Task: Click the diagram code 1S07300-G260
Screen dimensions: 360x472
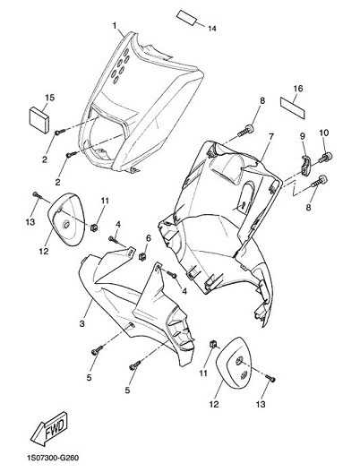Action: click(52, 458)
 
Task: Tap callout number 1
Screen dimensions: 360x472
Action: click(115, 26)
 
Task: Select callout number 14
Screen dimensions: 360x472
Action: click(212, 29)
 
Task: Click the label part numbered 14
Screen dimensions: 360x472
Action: click(187, 18)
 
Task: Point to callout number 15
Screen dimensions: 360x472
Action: click(50, 98)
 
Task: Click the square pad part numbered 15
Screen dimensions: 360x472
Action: click(39, 120)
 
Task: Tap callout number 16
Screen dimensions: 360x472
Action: click(298, 89)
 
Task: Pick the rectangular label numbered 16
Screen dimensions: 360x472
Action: click(293, 107)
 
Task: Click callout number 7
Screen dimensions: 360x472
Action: click(271, 137)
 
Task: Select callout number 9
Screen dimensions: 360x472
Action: click(303, 136)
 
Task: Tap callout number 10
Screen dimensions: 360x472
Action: click(324, 133)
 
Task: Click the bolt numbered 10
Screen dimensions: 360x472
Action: click(327, 157)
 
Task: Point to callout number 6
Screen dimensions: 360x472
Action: click(149, 238)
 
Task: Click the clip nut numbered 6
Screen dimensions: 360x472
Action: click(142, 256)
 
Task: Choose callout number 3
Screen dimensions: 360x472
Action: click(81, 324)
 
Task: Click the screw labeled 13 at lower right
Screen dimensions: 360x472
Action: click(270, 378)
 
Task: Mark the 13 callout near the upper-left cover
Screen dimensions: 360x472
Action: click(30, 222)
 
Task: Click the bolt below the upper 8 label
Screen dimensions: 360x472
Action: click(246, 131)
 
